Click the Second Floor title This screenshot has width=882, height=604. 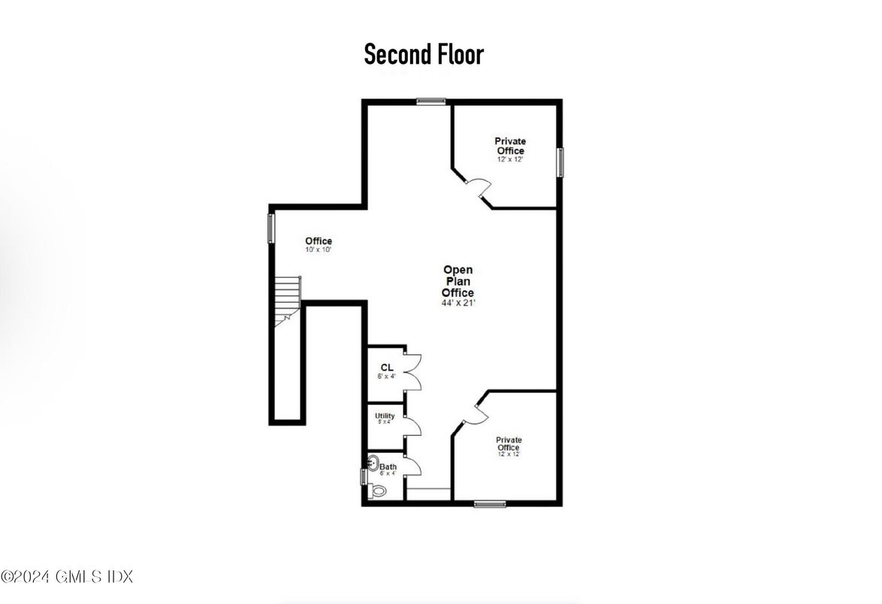click(x=424, y=55)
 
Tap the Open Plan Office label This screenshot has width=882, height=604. click(x=458, y=281)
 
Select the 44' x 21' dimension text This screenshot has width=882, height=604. click(x=458, y=303)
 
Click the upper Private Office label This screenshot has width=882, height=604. click(x=509, y=146)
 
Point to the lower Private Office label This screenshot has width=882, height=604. click(x=508, y=444)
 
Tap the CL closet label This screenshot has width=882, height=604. click(x=386, y=367)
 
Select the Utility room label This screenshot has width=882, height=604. click(x=385, y=416)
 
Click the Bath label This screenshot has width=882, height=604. click(x=388, y=467)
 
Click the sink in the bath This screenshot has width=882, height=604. click(x=373, y=462)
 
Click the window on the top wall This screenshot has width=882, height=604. click(x=431, y=101)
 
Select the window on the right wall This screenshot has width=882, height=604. click(x=560, y=162)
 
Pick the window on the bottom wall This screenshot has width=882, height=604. click(x=490, y=503)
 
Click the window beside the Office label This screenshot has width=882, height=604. click(x=271, y=228)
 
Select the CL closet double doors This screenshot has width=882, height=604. click(x=413, y=370)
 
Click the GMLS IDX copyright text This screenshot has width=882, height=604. click(x=67, y=577)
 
